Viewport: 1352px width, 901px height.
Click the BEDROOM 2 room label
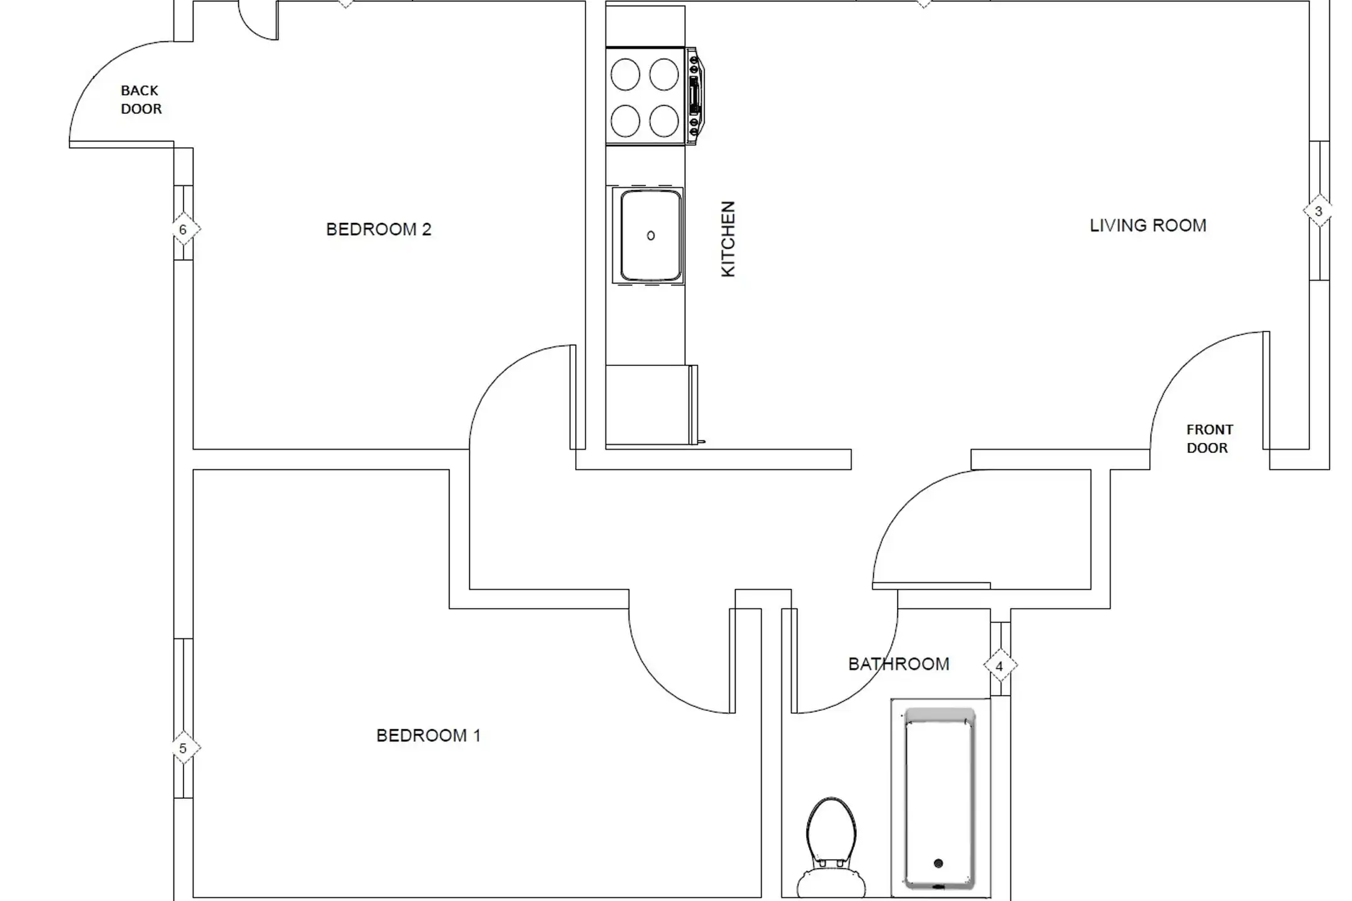click(x=379, y=230)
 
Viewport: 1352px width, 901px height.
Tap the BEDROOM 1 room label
click(x=428, y=735)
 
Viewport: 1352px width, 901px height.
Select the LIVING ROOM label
click(x=1148, y=225)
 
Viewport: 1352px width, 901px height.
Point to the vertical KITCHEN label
click(x=728, y=239)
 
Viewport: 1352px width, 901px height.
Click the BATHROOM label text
click(x=899, y=664)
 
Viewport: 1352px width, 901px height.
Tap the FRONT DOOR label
click(x=1209, y=439)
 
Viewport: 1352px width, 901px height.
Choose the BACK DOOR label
click(x=141, y=100)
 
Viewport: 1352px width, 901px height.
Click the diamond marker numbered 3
click(x=1318, y=211)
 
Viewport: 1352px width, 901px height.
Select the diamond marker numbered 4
click(x=1000, y=666)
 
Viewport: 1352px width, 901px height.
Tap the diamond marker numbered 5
click(x=183, y=748)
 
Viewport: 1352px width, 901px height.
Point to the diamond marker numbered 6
click(x=183, y=230)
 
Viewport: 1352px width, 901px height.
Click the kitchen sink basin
click(x=650, y=236)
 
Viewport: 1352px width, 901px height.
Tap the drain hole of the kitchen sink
click(x=651, y=236)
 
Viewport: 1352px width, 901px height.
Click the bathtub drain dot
click(x=938, y=863)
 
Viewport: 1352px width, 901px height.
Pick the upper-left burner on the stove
click(x=625, y=74)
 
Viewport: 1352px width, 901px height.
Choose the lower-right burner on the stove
click(x=664, y=121)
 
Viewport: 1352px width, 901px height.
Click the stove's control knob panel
click(x=695, y=96)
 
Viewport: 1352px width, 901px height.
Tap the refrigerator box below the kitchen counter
click(x=651, y=405)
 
